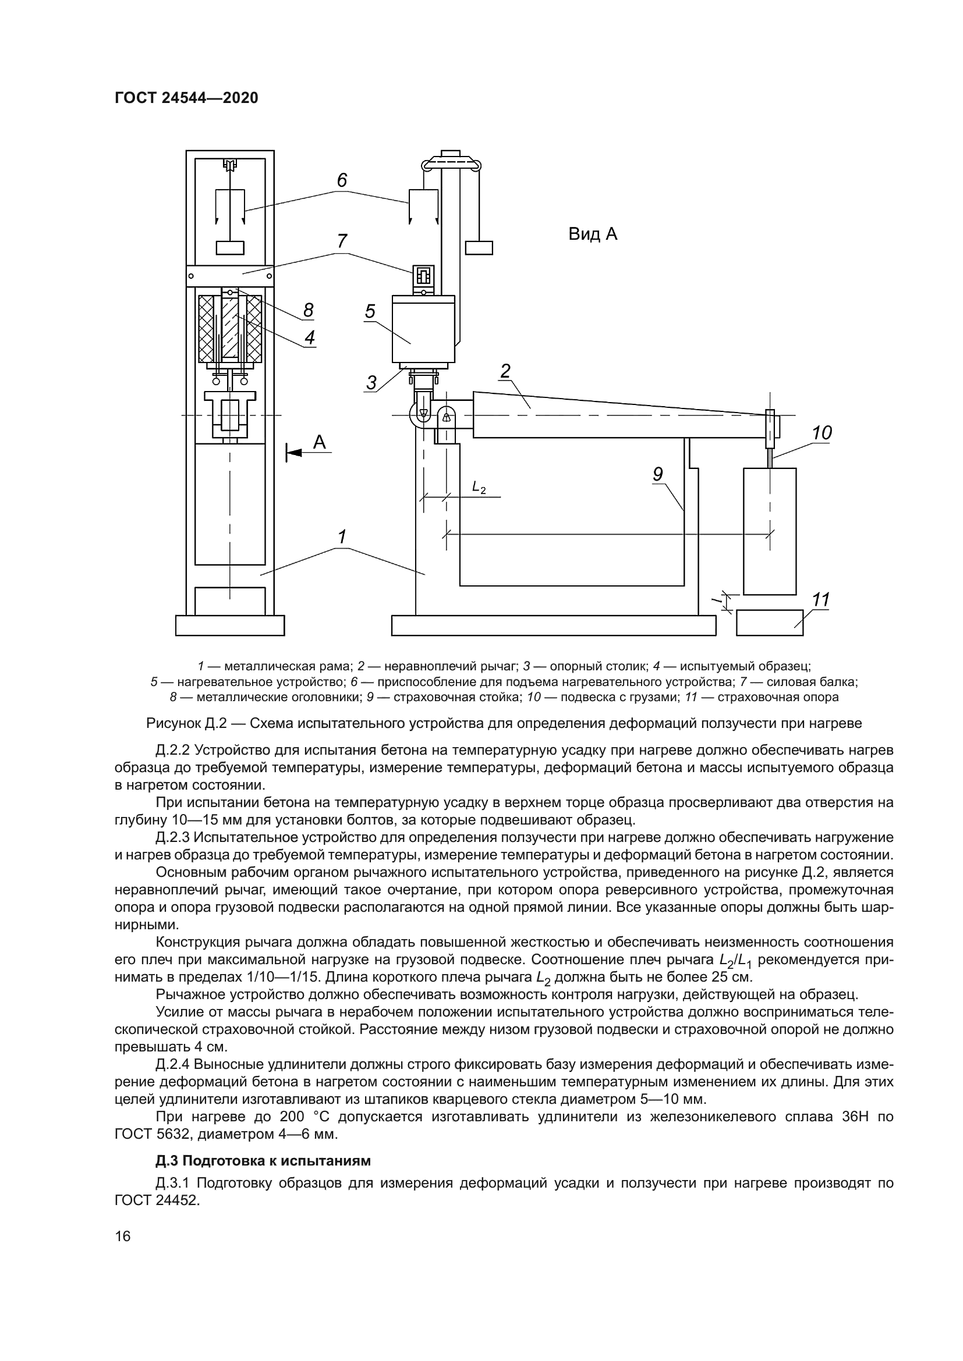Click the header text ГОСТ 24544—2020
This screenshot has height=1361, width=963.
point(186,98)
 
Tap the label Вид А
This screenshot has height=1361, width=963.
point(592,234)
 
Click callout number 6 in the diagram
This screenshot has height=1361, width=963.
point(342,180)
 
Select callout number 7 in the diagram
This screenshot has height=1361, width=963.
point(342,241)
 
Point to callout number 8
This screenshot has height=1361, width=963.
point(309,310)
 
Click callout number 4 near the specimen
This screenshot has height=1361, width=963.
point(310,337)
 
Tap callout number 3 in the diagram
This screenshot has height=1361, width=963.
point(371,382)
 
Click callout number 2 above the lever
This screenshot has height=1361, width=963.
point(505,371)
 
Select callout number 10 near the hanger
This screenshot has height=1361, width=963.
point(822,433)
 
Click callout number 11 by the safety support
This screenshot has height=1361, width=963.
point(821,600)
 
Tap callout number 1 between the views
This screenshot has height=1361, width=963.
point(342,537)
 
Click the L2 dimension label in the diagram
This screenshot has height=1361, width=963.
point(479,487)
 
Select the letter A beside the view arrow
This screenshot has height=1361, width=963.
point(320,442)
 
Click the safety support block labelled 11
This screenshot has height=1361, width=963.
point(769,623)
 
